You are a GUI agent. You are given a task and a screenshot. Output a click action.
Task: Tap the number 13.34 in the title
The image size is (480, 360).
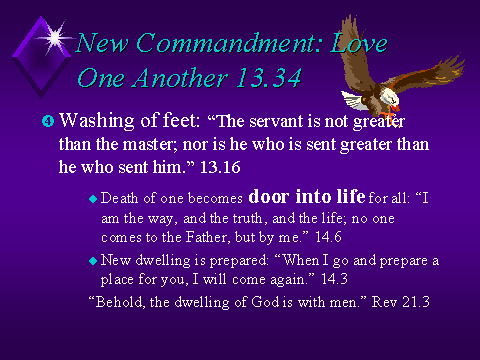coord(269,78)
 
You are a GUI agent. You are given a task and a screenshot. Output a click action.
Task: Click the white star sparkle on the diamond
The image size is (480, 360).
coord(55,38)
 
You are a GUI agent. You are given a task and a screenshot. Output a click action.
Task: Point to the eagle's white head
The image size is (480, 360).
coord(389,97)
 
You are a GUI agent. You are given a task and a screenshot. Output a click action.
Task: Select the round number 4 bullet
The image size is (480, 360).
coord(48,121)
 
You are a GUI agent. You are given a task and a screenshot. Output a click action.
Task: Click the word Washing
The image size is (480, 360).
coord(97,121)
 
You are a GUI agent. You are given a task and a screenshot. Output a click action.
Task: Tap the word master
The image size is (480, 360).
coord(150,145)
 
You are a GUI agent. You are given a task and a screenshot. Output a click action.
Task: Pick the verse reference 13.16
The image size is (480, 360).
coord(220,167)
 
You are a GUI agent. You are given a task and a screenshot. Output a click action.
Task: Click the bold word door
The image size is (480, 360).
coord(269,196)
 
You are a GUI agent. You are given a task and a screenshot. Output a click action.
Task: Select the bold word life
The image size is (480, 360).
coord(351,196)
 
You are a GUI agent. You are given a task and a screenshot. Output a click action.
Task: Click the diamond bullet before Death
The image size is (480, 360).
coord(93,199)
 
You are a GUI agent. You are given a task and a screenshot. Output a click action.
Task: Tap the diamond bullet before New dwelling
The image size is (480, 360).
coord(93,261)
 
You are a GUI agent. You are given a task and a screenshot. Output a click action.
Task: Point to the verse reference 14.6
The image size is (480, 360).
coord(328,237)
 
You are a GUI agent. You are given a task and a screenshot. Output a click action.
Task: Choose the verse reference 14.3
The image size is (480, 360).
coord(334,279)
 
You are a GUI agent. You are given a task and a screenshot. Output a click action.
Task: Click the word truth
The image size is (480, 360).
coord(250,218)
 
